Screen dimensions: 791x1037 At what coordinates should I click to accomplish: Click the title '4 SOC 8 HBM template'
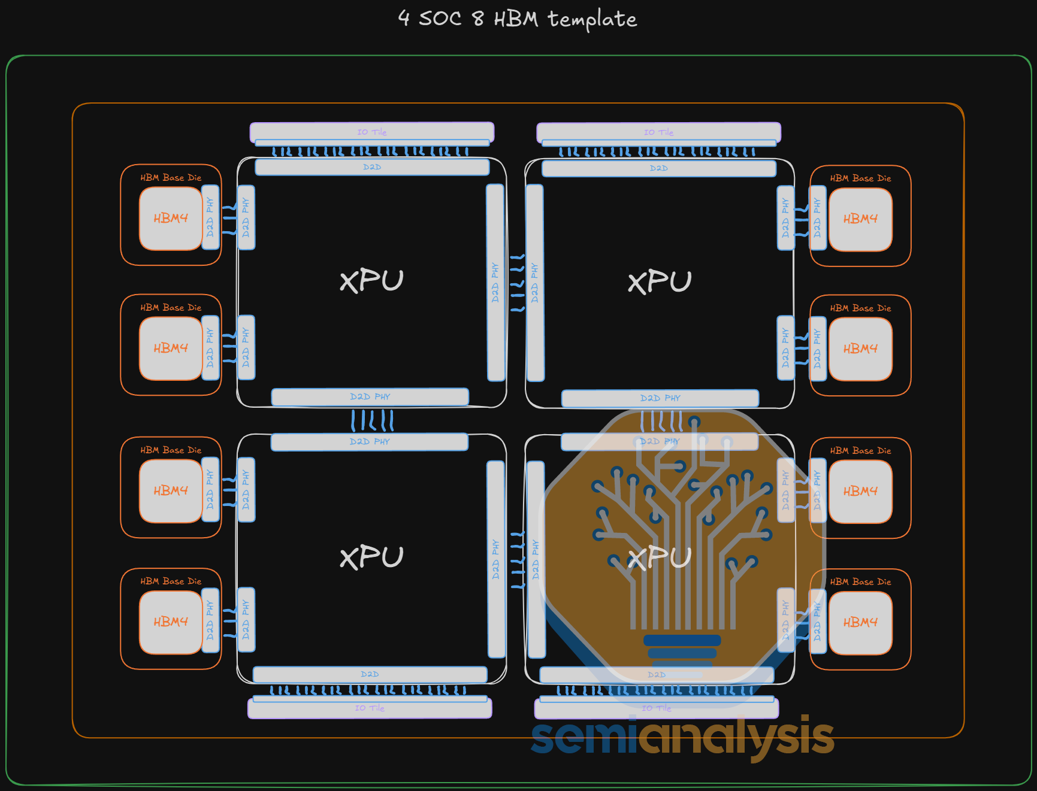[518, 19]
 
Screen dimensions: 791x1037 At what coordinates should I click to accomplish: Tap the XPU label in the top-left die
[371, 280]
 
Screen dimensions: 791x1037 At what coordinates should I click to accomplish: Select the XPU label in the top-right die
[660, 281]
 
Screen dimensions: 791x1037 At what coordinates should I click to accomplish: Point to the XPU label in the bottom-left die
[371, 557]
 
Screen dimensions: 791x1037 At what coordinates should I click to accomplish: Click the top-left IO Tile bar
[371, 132]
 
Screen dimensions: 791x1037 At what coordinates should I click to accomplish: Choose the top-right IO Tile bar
[658, 132]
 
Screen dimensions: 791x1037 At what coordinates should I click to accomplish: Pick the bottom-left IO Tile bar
[370, 708]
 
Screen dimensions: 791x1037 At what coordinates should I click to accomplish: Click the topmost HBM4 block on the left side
[171, 219]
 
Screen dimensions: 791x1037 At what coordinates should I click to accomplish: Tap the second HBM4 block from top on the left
[171, 348]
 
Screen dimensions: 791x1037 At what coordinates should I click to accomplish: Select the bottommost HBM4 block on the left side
[171, 622]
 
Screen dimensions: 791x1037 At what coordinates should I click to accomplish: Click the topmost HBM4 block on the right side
[860, 219]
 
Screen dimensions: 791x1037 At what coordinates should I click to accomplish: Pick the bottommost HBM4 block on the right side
[860, 623]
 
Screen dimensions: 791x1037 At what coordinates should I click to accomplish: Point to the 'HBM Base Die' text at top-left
[171, 178]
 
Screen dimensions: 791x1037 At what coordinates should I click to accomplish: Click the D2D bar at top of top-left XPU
[372, 167]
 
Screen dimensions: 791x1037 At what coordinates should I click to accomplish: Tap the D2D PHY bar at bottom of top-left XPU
[370, 397]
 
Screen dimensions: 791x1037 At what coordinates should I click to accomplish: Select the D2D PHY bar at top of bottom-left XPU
[369, 442]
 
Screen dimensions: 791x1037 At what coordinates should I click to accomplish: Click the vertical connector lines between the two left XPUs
[372, 420]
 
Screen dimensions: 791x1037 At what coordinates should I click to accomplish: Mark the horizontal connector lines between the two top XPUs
[517, 283]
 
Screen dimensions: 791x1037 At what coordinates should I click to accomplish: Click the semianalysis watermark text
[682, 737]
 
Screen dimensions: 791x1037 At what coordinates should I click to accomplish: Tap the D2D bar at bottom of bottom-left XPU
[370, 674]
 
